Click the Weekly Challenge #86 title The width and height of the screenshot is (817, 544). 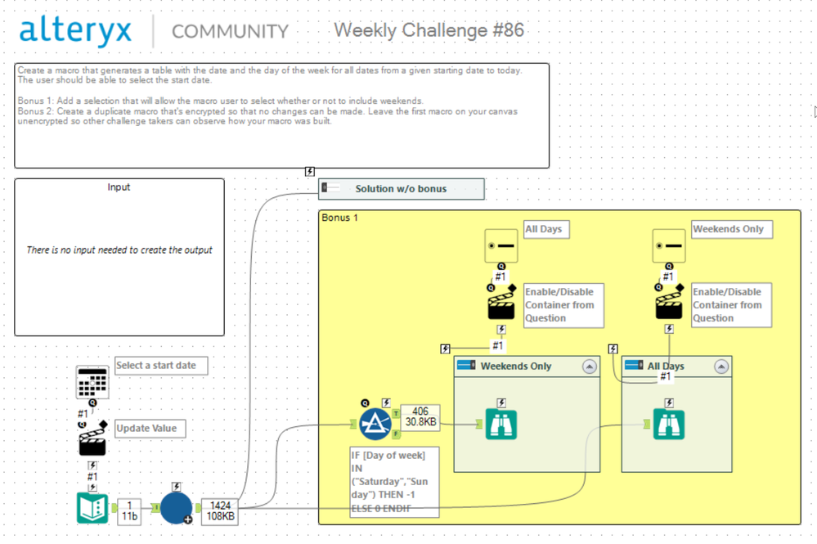(x=429, y=30)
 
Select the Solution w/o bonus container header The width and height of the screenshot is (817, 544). (x=401, y=189)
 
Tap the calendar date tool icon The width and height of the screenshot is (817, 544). (x=92, y=382)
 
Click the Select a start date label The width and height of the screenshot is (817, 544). (x=160, y=366)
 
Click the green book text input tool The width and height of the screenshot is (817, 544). (x=92, y=508)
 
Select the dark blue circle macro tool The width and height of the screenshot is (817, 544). (x=176, y=508)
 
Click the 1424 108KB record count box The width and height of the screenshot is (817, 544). (x=220, y=511)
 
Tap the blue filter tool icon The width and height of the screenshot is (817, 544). (x=375, y=423)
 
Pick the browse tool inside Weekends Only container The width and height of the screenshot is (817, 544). (x=501, y=424)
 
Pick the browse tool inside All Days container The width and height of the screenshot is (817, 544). (x=668, y=424)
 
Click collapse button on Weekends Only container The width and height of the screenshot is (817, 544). (x=590, y=366)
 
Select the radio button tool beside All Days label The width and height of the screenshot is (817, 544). (x=501, y=245)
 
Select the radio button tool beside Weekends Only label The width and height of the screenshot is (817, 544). (x=668, y=245)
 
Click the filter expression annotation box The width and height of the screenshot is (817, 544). (x=394, y=481)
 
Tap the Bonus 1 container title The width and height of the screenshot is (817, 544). (x=340, y=218)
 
